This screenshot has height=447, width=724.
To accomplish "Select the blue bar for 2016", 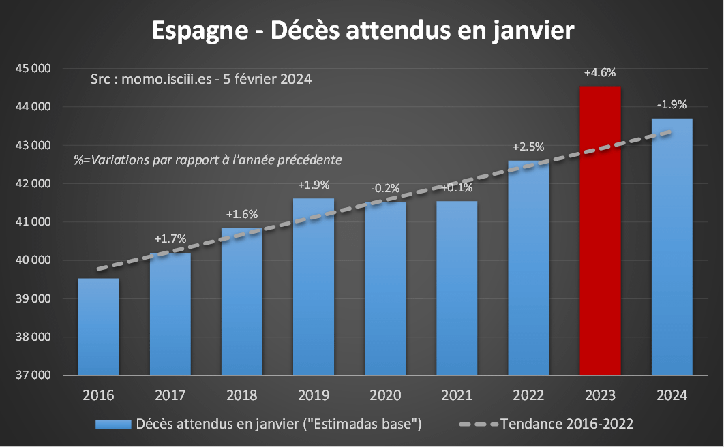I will click(x=99, y=326).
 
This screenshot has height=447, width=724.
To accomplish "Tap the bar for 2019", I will click(x=314, y=286).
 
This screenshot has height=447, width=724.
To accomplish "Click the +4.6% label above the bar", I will click(x=600, y=72).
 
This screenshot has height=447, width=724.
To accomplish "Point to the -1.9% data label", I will click(x=672, y=105).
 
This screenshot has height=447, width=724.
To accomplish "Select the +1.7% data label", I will click(x=170, y=239).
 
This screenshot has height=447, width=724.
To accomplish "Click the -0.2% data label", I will click(x=385, y=188).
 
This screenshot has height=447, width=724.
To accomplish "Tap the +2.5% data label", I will click(x=528, y=147).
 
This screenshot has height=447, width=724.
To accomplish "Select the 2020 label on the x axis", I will click(x=385, y=396).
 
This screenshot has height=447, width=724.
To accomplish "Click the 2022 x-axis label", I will click(x=528, y=396).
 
